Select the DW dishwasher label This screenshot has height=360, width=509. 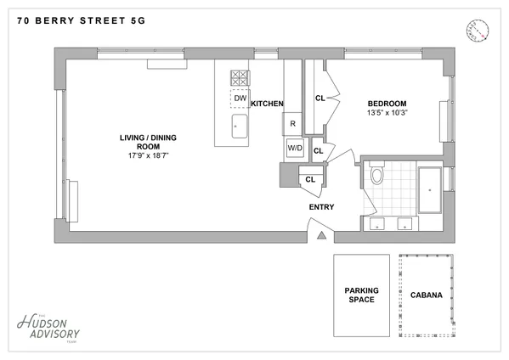click(x=240, y=98)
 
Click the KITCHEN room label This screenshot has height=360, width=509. click(x=267, y=103)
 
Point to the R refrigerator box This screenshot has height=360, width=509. click(x=292, y=124)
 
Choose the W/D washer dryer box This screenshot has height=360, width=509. click(x=295, y=148)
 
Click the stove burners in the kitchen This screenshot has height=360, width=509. click(x=240, y=77)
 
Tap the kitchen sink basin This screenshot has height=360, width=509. click(x=239, y=130)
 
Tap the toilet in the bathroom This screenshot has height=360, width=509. click(x=378, y=176)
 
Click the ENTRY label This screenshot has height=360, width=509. click(x=321, y=206)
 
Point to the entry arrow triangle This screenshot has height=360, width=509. click(x=320, y=237)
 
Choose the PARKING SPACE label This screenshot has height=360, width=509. click(x=361, y=295)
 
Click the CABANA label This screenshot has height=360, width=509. click(x=424, y=295)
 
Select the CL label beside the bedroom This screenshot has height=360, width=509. click(x=320, y=98)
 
